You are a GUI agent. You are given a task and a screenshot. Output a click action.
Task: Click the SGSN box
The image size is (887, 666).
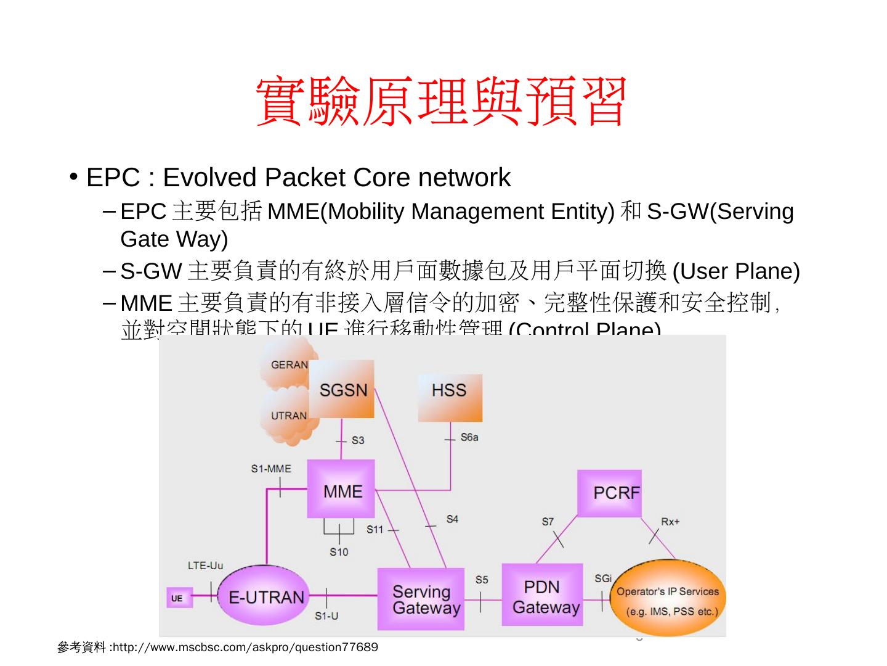[x=342, y=390]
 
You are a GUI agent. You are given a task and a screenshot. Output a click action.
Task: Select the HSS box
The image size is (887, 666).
[x=450, y=397]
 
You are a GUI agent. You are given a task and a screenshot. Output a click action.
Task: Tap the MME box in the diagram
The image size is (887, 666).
[x=341, y=490]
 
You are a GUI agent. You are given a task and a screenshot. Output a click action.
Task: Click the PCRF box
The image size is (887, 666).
[x=609, y=493]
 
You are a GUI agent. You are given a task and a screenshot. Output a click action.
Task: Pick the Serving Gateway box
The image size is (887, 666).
[x=421, y=599]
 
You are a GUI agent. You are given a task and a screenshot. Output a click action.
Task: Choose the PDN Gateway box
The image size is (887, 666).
[x=542, y=595]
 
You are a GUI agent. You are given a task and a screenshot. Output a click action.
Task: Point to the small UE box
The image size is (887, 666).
[x=177, y=598]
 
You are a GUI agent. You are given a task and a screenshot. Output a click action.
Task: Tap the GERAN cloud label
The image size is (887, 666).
[x=289, y=364]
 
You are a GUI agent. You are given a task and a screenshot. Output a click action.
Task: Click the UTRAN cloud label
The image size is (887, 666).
[x=288, y=416]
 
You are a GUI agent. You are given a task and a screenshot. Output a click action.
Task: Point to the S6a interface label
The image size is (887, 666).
[x=469, y=437]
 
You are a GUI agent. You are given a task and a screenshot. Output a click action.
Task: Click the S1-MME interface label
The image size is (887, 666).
[x=271, y=469]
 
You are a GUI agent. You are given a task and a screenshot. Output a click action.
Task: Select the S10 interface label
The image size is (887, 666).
[x=339, y=552]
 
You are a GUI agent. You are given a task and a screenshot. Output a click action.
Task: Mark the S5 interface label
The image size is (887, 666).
[x=482, y=580]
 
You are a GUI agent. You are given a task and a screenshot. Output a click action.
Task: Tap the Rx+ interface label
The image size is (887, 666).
[x=670, y=522]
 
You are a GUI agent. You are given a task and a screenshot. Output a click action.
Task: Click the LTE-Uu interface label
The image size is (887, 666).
[x=206, y=565]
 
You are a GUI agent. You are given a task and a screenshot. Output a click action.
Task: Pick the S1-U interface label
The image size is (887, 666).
[x=326, y=616]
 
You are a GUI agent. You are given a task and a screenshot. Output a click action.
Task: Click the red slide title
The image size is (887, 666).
[x=441, y=102]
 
